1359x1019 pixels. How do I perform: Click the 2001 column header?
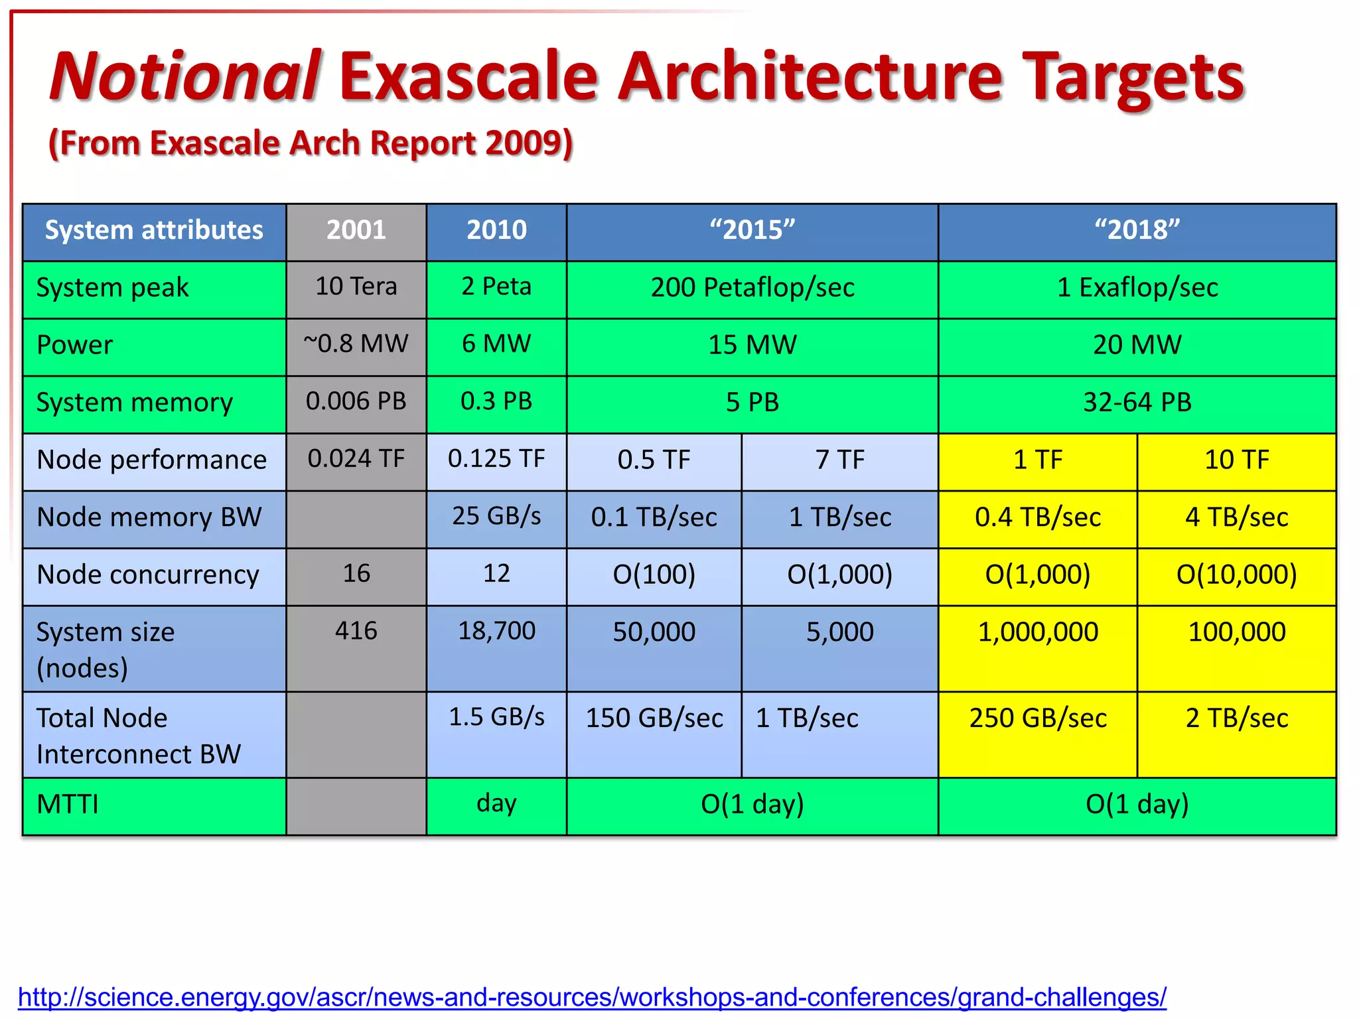pyautogui.click(x=356, y=230)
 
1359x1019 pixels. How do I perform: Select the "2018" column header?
pyautogui.click(x=1137, y=230)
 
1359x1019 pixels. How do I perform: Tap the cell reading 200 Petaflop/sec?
pyautogui.click(x=752, y=288)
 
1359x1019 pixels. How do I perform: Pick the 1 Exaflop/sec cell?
pyautogui.click(x=1137, y=288)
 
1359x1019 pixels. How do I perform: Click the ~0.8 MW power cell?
pyautogui.click(x=356, y=344)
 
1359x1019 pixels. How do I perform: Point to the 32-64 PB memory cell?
pyautogui.click(x=1137, y=403)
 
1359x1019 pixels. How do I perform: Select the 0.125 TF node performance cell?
pyautogui.click(x=496, y=459)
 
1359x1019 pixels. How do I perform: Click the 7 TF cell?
pyautogui.click(x=839, y=460)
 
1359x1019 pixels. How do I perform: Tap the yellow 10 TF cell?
pyautogui.click(x=1236, y=460)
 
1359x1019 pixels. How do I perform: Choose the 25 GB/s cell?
pyautogui.click(x=496, y=516)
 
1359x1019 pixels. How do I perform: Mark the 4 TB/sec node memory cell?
pyautogui.click(x=1236, y=517)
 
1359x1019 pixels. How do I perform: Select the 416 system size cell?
pyautogui.click(x=356, y=631)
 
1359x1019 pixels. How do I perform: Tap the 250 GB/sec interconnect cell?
pyautogui.click(x=1038, y=718)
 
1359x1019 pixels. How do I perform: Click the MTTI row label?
pyautogui.click(x=68, y=805)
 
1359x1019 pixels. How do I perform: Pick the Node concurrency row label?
pyautogui.click(x=148, y=575)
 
